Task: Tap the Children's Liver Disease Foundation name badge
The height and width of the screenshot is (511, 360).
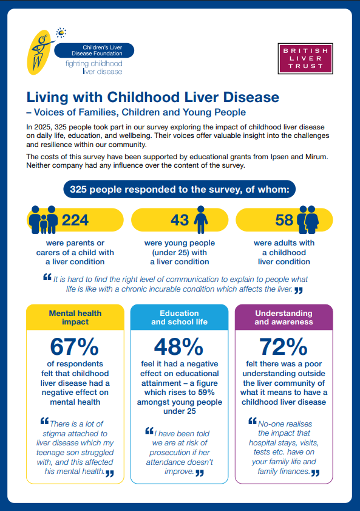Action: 94,50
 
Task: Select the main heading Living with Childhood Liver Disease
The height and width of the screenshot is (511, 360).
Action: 152,97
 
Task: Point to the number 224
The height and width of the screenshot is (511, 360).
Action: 75,220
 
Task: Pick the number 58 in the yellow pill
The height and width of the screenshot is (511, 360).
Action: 284,220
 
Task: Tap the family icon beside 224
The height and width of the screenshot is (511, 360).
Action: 44,219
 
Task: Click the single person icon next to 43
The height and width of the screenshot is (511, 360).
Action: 200,219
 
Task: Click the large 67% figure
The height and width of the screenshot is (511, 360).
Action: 75,348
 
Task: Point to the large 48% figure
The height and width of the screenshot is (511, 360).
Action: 178,348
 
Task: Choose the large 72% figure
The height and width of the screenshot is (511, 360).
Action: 284,348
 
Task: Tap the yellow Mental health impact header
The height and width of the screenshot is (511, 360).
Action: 75,317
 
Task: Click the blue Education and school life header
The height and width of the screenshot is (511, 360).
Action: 179,317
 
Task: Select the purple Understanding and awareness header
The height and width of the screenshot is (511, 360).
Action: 284,317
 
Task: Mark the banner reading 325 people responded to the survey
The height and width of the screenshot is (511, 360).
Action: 180,190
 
